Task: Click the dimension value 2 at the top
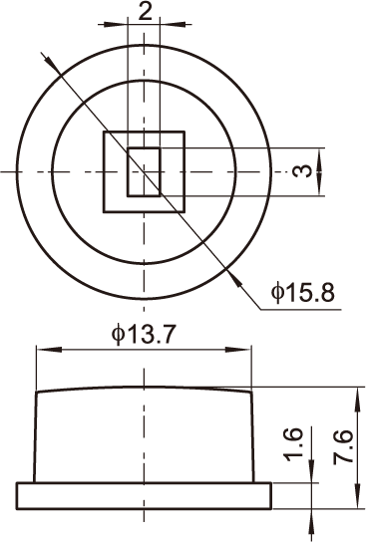pos(145,12)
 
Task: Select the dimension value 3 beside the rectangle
pos(300,171)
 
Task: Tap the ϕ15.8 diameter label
pos(303,293)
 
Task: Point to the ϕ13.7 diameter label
pos(144,335)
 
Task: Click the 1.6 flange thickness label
pos(293,445)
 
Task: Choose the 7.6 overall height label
pos(342,447)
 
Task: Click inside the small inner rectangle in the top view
pos(144,171)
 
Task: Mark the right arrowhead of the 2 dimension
pos(176,24)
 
